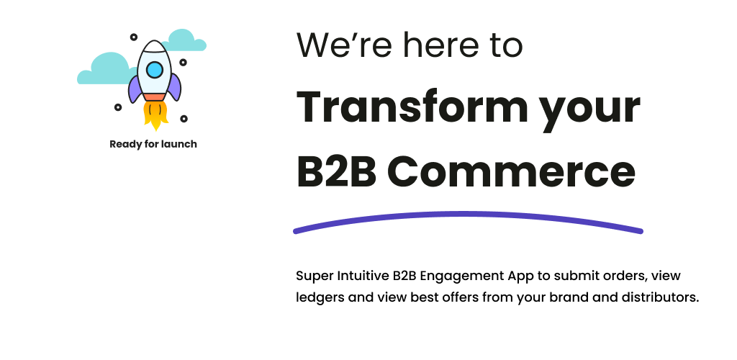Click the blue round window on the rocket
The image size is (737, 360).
point(155,70)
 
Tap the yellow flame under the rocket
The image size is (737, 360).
point(155,115)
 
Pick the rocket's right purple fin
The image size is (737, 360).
point(174,87)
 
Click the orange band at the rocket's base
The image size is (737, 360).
point(154,97)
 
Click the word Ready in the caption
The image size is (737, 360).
point(125,144)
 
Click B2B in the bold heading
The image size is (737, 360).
point(337,171)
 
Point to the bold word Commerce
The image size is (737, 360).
point(512,172)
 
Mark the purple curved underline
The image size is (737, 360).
point(468,215)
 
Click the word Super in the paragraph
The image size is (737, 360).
point(315,276)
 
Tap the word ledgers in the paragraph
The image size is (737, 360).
point(320,298)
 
